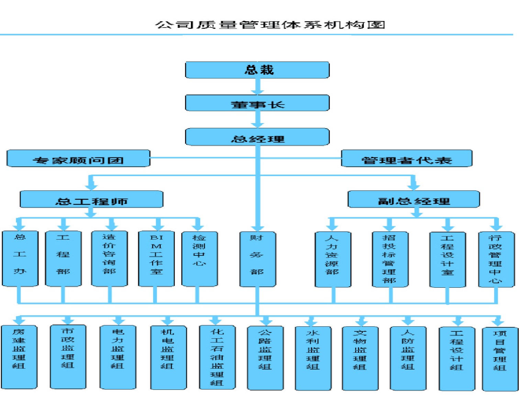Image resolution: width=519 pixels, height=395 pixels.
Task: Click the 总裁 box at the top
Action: pos(257,70)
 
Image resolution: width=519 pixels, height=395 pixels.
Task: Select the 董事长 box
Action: pos(257,103)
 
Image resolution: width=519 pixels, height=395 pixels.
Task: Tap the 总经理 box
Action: pos(257,137)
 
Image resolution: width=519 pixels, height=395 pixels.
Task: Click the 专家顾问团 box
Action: pos(78,158)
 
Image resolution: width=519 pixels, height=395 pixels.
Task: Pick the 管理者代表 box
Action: pos(407,158)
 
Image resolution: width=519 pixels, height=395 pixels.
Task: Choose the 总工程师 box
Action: pos(91,199)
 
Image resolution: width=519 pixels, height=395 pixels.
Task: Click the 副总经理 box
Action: pos(413,199)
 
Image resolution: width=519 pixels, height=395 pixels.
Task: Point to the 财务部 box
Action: pos(257,259)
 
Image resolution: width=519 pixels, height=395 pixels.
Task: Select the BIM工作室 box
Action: pos(156,259)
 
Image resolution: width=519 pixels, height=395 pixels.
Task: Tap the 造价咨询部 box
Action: pos(109,259)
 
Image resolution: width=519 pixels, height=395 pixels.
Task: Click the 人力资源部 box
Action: pos(333,259)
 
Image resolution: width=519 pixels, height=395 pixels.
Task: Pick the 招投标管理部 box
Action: pos(390,259)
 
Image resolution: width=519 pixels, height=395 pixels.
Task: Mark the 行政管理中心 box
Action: pos(496,259)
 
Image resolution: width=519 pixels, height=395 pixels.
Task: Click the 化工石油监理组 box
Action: pos(217,357)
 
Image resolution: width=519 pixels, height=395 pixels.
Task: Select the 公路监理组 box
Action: pos(265,358)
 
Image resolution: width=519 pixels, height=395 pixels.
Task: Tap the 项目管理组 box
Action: pos(500,359)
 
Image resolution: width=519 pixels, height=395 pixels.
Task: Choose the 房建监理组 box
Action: pos(19,357)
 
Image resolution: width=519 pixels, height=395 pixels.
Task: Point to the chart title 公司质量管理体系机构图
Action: pos(270,25)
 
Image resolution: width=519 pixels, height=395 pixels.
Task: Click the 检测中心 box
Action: pos(199,259)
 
